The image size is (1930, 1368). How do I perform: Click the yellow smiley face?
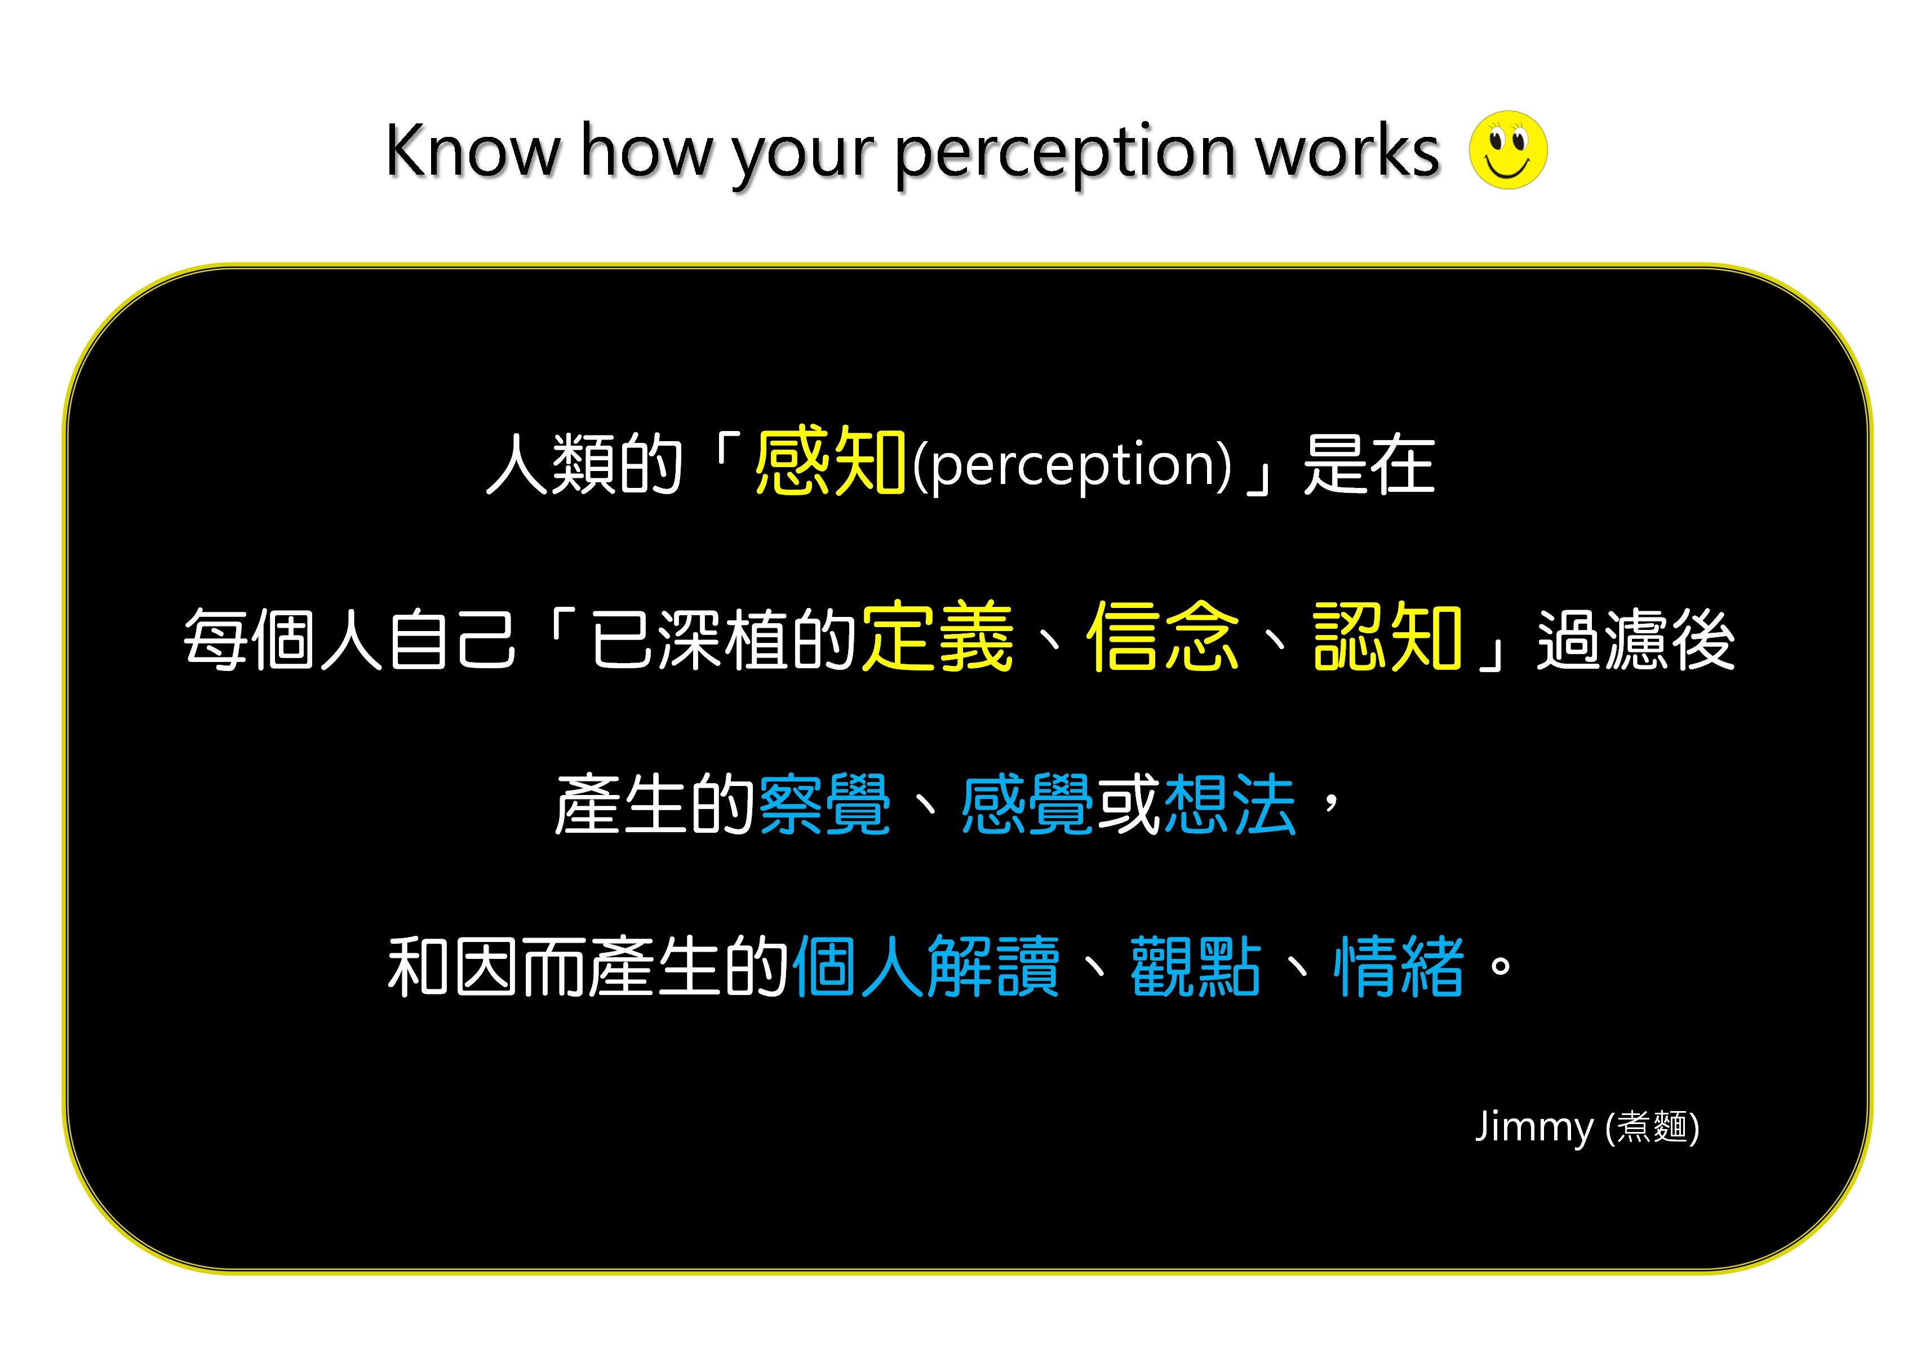coord(1508,149)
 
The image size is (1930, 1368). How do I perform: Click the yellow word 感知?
coord(830,461)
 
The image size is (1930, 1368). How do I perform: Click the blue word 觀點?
coord(1195,966)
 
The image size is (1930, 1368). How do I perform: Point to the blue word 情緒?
coord(1399,966)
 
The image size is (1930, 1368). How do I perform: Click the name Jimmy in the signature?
coord(1534,1127)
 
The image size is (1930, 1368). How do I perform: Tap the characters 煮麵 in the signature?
coord(1652,1127)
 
